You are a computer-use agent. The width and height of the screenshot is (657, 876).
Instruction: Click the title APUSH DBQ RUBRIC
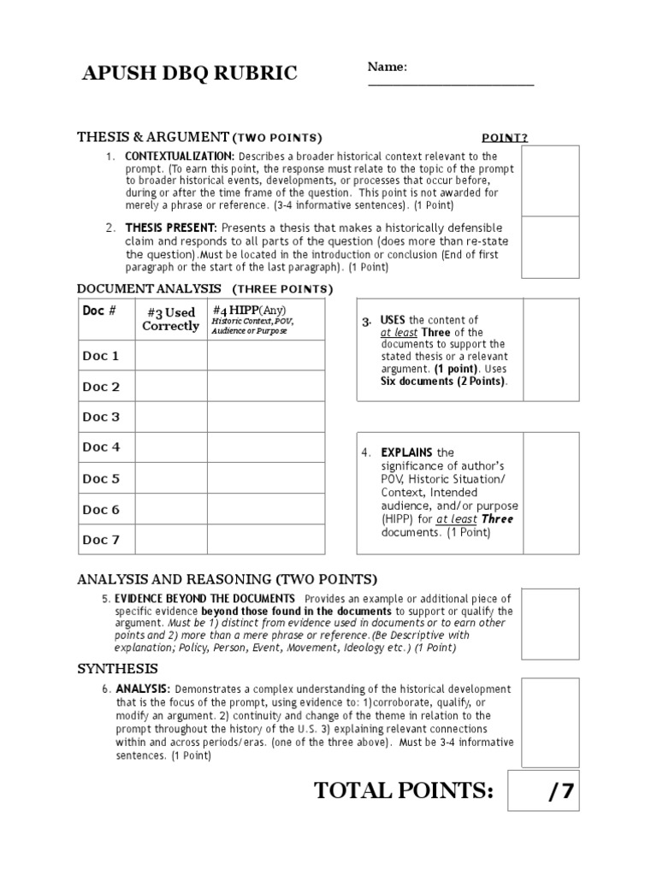189,74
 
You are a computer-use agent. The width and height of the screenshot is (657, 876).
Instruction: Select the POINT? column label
504,138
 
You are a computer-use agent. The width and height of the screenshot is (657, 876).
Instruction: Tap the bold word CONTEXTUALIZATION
180,157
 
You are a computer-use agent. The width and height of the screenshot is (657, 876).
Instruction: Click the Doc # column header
99,311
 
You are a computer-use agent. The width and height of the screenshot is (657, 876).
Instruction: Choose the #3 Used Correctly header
170,319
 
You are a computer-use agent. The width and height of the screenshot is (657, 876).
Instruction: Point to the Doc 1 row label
101,356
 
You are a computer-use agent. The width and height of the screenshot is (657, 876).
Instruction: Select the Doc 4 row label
101,447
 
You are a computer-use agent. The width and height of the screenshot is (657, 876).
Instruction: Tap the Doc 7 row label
101,540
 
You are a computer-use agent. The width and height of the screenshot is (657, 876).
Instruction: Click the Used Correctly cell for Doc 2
170,387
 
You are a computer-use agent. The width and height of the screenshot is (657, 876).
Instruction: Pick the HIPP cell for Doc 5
265,479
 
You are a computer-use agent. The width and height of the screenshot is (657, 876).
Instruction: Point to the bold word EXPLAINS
407,453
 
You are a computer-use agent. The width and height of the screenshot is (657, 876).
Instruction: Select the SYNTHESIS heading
117,668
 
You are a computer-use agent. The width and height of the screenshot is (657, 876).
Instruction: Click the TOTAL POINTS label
404,790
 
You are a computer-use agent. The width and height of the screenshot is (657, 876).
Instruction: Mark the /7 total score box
543,790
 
